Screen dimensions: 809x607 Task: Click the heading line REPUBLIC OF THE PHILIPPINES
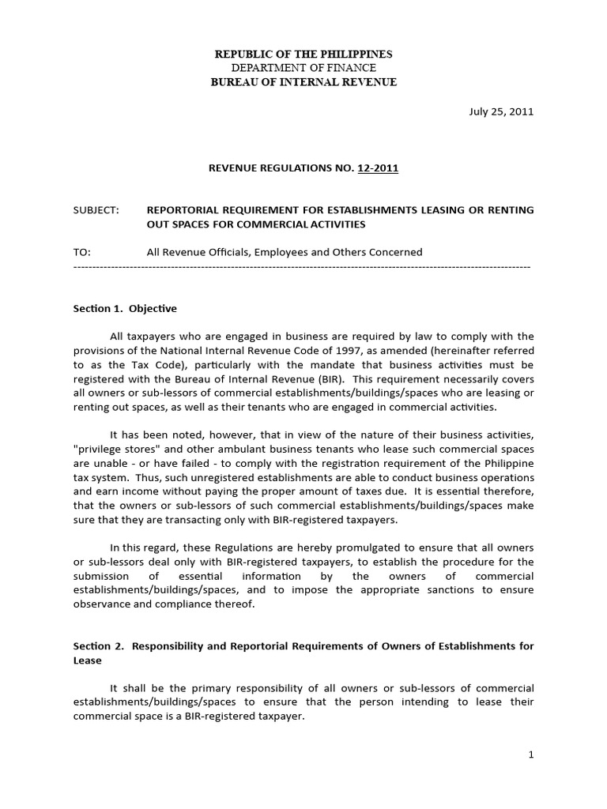coord(304,54)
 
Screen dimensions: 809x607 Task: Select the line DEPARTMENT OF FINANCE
coord(304,68)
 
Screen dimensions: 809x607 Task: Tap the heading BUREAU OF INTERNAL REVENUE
coord(304,82)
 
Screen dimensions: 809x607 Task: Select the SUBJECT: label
coord(96,210)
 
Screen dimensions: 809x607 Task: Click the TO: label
coord(82,252)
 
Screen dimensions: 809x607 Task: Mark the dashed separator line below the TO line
coord(301,267)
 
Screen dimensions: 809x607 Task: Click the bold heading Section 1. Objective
coord(125,308)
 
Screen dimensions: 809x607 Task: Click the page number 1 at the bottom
coord(532,754)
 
